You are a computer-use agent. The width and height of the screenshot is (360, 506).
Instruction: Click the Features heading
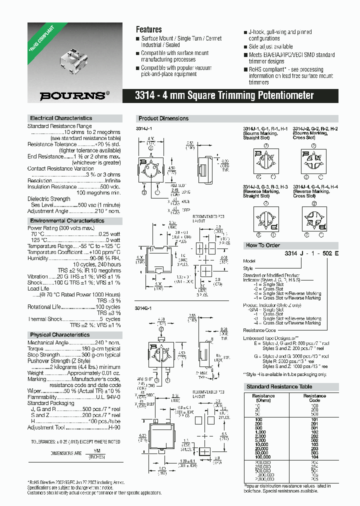[x=148, y=29]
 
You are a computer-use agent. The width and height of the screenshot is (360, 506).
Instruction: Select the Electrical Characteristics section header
[x=61, y=118]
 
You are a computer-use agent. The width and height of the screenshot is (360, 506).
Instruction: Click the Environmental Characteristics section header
[x=67, y=220]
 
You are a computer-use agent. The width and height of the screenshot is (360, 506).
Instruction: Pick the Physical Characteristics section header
[x=60, y=334]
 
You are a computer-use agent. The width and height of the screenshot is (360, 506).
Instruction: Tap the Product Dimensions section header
[x=163, y=118]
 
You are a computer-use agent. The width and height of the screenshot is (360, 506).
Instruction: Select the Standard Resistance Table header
[x=279, y=386]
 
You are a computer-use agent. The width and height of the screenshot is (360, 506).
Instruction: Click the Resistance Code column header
[x=314, y=397]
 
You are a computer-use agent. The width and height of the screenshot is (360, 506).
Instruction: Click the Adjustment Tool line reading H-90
[x=74, y=427]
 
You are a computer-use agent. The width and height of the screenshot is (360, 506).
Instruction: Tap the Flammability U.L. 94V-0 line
[x=74, y=397]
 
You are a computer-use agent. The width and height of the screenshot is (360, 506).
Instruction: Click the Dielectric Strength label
[x=49, y=199]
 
